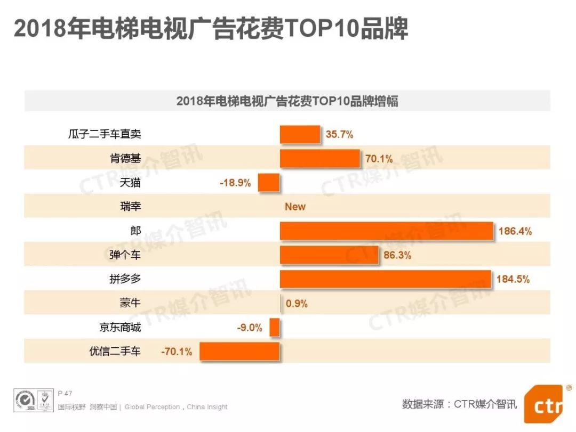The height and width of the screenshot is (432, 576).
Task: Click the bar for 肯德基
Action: coord(320,159)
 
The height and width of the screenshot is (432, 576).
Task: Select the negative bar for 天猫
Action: coord(269,183)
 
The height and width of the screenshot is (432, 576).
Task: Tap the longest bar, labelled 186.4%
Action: coord(387,231)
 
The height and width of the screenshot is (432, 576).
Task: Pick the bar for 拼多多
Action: coord(386,279)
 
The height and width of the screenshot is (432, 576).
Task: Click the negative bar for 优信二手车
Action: coord(240,352)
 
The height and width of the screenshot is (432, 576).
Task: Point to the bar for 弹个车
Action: coord(329,255)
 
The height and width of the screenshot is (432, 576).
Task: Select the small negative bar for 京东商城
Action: coord(275,328)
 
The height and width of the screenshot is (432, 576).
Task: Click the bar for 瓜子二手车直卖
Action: coord(300,135)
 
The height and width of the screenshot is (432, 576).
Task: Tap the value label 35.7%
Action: coord(340,135)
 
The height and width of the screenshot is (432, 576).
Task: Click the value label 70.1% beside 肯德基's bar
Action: coord(379,159)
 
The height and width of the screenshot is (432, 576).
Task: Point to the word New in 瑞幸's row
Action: coord(295,207)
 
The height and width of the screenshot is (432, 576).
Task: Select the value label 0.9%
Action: coord(297,304)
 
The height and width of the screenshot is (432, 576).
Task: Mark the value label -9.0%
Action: coord(250,328)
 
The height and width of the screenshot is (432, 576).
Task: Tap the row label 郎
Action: coord(135,231)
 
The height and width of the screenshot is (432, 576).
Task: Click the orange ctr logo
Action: coord(542,405)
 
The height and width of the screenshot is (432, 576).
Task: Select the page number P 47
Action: coord(65,393)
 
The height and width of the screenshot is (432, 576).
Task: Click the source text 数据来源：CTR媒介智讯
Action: coord(459,404)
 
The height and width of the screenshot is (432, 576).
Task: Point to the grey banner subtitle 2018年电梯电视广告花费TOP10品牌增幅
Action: coord(287,101)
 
